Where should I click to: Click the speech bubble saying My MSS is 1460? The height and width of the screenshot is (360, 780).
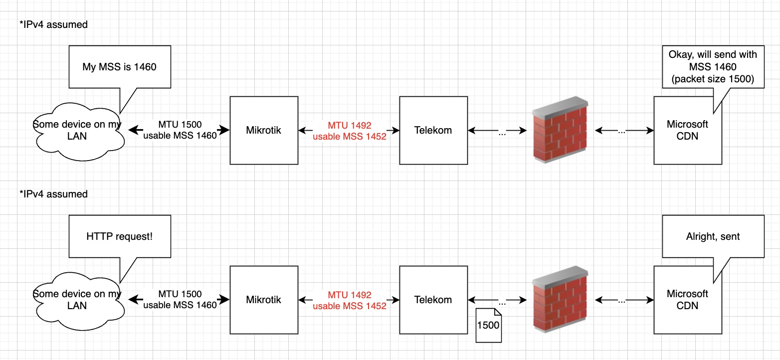(x=120, y=66)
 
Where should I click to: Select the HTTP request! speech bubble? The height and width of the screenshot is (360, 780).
(x=120, y=236)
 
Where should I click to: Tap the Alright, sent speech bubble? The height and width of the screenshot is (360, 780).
(x=713, y=236)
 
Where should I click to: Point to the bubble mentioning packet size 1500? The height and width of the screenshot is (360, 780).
(x=713, y=66)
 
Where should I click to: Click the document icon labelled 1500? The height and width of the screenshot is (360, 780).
(x=488, y=325)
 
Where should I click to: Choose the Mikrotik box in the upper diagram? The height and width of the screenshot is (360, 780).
(x=263, y=130)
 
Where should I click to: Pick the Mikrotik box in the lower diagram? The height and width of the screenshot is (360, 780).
(x=263, y=300)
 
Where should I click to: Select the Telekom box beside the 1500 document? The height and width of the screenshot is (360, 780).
(x=433, y=300)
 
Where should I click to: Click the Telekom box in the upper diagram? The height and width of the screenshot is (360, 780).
(x=433, y=130)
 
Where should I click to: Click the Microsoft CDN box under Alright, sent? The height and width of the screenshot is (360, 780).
(x=687, y=300)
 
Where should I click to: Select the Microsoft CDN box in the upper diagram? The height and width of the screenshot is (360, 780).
(x=687, y=130)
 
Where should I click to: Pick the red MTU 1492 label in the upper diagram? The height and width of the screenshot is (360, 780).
(x=349, y=125)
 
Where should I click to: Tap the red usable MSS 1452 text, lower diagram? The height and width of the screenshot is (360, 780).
(x=349, y=306)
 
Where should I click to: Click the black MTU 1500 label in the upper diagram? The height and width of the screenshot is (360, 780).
(x=180, y=125)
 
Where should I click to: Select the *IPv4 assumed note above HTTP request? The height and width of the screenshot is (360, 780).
(x=53, y=194)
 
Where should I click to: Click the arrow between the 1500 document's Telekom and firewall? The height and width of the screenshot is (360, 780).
(x=498, y=300)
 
